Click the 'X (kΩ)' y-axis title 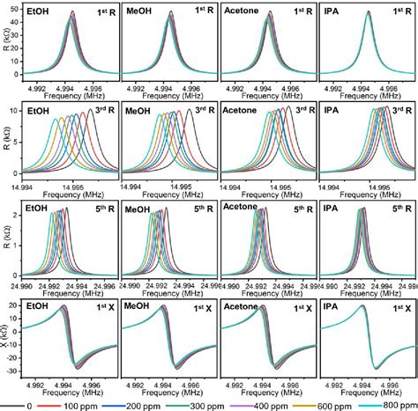(x=5, y=339)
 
